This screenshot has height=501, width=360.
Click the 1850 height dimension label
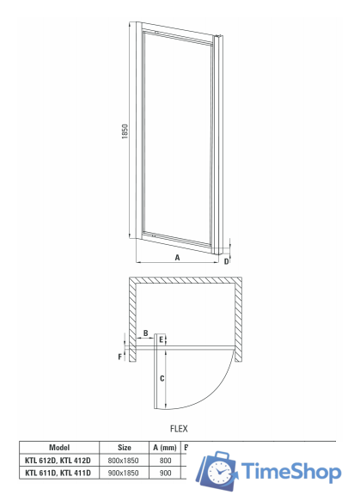[x=125, y=131]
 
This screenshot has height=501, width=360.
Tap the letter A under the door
[x=177, y=257]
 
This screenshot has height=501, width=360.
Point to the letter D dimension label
[x=227, y=261]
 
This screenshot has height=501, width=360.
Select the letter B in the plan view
[x=146, y=333]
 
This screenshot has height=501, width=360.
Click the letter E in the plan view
[x=162, y=339]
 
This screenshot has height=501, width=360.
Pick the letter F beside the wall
[x=120, y=357]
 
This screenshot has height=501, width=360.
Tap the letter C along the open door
[x=162, y=378]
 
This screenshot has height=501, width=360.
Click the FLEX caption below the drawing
[x=179, y=429]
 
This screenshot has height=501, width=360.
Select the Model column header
[x=59, y=448]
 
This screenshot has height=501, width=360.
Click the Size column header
[x=125, y=448]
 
